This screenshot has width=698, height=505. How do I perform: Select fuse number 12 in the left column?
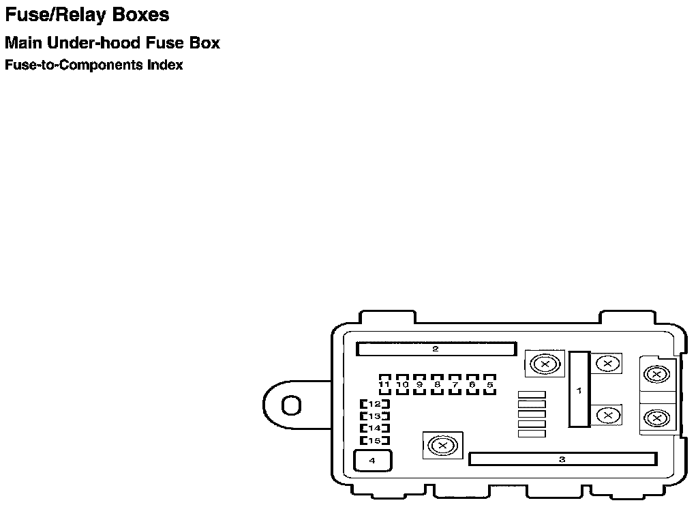coord(374,404)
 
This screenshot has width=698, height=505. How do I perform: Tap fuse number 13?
coord(374,416)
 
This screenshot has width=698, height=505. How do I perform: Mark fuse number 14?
coord(374,428)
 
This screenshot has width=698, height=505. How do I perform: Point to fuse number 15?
coord(374,440)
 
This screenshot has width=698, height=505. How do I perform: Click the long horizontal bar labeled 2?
coord(436,349)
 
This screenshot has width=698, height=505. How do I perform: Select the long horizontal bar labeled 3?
coord(562,459)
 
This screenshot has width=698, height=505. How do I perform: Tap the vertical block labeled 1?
coord(579,390)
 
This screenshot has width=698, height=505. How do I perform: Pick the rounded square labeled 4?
coord(372,461)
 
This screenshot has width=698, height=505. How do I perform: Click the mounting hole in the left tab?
coord(291,405)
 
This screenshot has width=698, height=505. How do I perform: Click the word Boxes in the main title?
coord(139,15)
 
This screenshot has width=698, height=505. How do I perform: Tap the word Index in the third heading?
coord(165,66)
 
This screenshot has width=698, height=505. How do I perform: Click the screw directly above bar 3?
coord(442,446)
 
